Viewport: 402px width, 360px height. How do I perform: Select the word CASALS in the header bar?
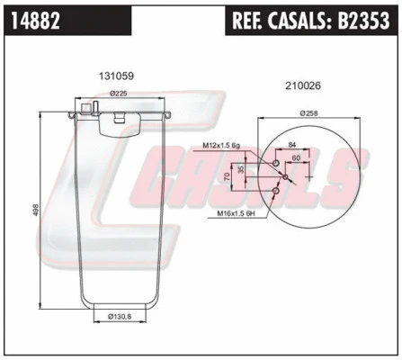coord(302,20)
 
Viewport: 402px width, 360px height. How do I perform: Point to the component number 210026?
coord(301,86)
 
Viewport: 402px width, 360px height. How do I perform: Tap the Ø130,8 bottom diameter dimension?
coord(121,317)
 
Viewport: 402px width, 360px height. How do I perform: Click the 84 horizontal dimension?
coord(292,145)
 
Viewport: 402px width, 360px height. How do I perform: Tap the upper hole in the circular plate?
coord(275,162)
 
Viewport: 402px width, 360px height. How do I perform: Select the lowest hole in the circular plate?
coord(275,191)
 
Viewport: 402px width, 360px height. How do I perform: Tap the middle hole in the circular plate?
coord(285,176)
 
